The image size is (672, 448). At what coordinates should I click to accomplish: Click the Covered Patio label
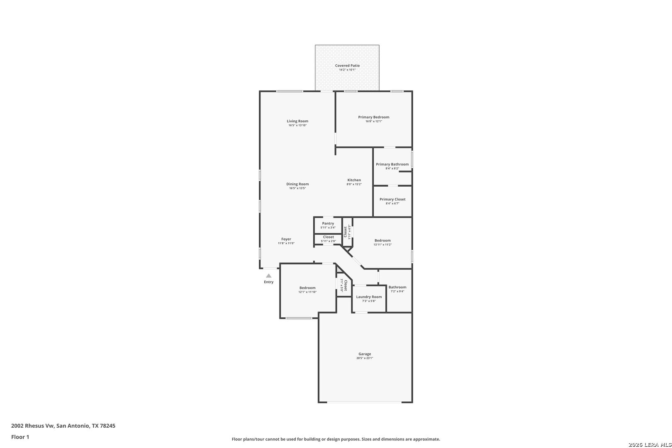(x=347, y=66)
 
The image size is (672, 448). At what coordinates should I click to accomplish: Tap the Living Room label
(x=297, y=121)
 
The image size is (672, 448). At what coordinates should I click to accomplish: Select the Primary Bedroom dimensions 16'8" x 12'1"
(x=373, y=121)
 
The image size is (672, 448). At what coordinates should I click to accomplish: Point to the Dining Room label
(x=297, y=184)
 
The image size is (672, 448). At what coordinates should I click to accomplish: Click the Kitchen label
(x=354, y=180)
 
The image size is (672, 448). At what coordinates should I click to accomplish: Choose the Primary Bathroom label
(x=392, y=164)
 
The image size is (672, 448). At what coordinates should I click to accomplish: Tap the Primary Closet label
(x=392, y=199)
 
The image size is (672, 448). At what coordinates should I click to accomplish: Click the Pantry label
(x=328, y=224)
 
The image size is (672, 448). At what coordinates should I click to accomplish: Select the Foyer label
(x=286, y=239)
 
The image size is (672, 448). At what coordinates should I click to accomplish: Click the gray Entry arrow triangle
(x=268, y=276)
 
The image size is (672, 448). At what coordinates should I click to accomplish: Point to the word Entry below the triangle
(x=268, y=282)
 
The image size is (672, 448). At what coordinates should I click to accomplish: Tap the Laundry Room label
(x=369, y=297)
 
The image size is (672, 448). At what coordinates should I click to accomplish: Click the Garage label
(x=365, y=354)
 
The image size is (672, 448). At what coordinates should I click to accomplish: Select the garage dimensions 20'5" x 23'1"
(x=365, y=358)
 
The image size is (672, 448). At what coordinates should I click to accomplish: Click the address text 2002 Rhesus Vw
(x=32, y=426)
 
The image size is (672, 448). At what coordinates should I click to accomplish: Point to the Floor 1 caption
(x=20, y=437)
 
